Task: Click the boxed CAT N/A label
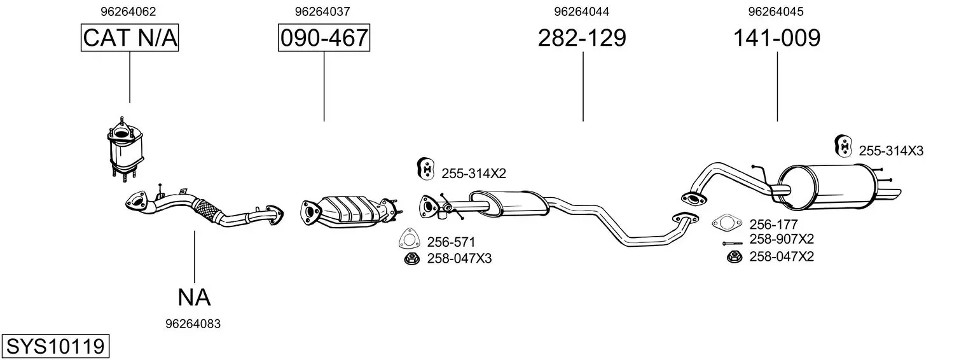(130, 38)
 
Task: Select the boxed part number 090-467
(324, 38)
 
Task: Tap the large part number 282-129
(582, 38)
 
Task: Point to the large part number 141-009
(776, 38)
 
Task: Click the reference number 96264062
(128, 11)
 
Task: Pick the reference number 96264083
(193, 324)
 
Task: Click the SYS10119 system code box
(55, 347)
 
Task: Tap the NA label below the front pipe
(194, 298)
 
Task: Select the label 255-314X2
(474, 174)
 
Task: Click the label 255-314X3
(891, 151)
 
